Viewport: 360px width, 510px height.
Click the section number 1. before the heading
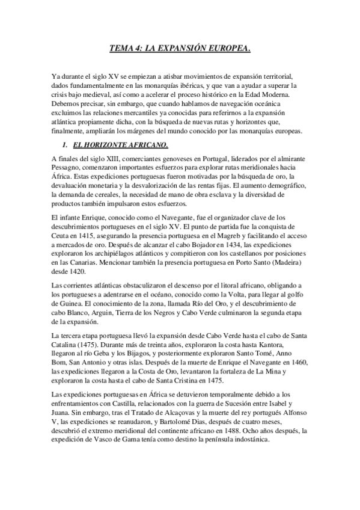point(67,146)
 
